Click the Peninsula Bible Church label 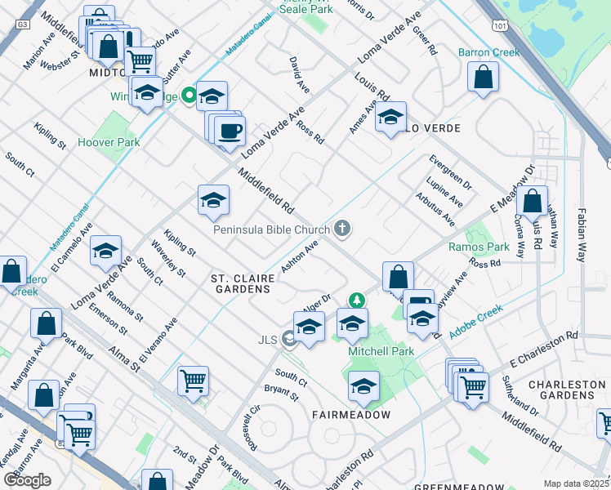pyautogui.click(x=271, y=229)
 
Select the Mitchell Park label pyautogui.click(x=381, y=351)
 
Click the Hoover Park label pyautogui.click(x=109, y=142)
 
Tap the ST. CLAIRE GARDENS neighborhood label pyautogui.click(x=243, y=284)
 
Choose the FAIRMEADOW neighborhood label pyautogui.click(x=350, y=415)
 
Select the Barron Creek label pyautogui.click(x=488, y=52)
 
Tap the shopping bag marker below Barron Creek pyautogui.click(x=484, y=78)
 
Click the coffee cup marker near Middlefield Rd pyautogui.click(x=230, y=131)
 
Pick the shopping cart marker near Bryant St pyautogui.click(x=193, y=381)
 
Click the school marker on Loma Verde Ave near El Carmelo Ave pyautogui.click(x=105, y=252)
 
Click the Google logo pyautogui.click(x=27, y=479)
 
